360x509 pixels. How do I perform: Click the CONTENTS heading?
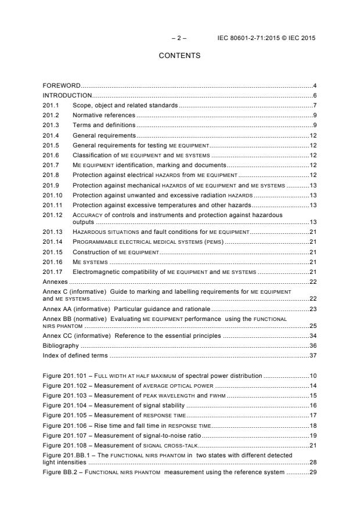pos(179,56)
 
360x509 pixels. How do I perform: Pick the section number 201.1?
pos(51,105)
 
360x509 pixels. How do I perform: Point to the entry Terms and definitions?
pos(104,125)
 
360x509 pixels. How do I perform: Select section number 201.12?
pos(53,214)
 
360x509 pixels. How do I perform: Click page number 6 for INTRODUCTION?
pos(314,95)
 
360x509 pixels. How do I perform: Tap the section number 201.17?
pos(53,271)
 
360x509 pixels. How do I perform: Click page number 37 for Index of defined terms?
pos(312,355)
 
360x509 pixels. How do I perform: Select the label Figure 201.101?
pos(63,376)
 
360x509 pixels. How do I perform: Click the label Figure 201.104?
pos(63,405)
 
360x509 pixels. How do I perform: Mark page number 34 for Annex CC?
pos(312,335)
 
